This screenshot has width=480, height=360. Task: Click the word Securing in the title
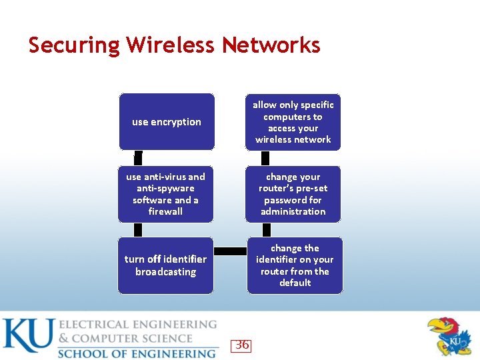[73, 45]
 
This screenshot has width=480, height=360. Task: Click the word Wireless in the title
[171, 45]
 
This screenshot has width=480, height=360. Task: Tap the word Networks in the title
[271, 45]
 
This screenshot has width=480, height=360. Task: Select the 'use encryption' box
[167, 122]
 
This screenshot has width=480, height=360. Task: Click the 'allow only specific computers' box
[293, 122]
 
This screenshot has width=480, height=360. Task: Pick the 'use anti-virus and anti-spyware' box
[165, 194]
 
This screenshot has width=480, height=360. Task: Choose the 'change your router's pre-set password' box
[293, 194]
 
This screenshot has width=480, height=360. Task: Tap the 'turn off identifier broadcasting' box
[165, 265]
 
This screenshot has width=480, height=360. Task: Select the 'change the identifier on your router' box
[295, 265]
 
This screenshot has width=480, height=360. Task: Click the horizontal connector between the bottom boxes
[231, 251]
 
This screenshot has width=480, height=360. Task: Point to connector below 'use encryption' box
[138, 158]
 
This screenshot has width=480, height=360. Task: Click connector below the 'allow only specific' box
[265, 158]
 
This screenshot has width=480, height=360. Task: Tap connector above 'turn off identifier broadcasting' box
[138, 229]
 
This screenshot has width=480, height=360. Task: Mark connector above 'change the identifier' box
[265, 229]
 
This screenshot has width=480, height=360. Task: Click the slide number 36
[242, 345]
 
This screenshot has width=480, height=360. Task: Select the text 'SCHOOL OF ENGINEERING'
[137, 353]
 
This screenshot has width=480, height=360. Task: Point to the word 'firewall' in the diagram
[165, 211]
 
